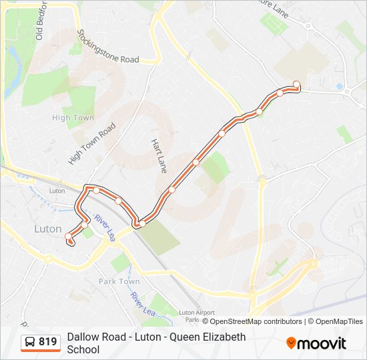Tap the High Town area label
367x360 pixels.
(73, 118)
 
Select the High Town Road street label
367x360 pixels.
(92, 143)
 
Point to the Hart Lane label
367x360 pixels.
(159, 157)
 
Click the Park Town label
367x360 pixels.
(119, 281)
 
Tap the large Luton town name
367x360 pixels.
(47, 229)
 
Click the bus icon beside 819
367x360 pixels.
(30, 343)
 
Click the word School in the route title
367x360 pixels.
(83, 349)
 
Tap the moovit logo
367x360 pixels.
(316, 343)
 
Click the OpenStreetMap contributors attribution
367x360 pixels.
(252, 321)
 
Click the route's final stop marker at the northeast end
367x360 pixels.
(296, 84)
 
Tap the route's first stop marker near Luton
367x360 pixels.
(68, 236)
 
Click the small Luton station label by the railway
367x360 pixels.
(57, 191)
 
